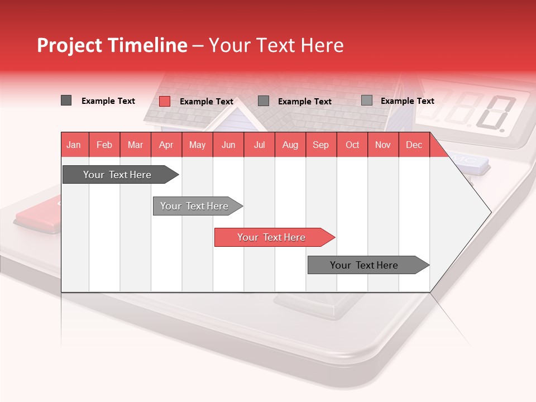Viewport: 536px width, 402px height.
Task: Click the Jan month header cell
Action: [x=74, y=145]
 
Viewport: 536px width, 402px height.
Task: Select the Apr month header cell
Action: [x=166, y=145]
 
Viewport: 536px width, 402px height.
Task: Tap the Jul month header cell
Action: [x=259, y=145]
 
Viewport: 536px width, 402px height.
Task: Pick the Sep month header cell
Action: [x=320, y=145]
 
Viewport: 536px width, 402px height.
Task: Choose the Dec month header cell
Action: [x=414, y=145]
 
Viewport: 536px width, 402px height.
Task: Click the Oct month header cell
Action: [x=352, y=145]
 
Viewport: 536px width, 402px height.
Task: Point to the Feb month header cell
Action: [x=104, y=145]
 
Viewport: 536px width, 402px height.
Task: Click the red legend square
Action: [x=165, y=101]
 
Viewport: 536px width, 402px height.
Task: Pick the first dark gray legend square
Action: [x=66, y=100]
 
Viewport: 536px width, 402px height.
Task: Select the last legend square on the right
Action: [x=366, y=100]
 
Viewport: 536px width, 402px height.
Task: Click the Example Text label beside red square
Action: [x=206, y=102]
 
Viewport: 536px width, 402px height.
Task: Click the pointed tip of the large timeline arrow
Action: [x=490, y=212]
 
